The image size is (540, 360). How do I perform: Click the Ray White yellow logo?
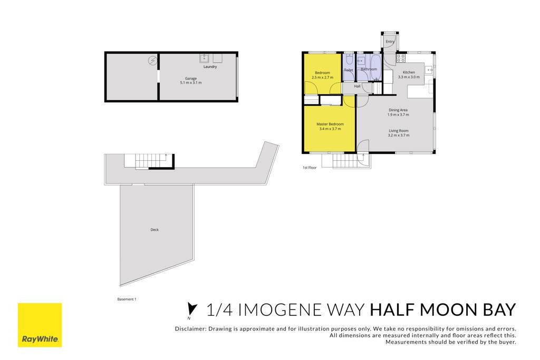pyautogui.click(x=40, y=325)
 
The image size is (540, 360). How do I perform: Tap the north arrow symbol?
pyautogui.click(x=191, y=309)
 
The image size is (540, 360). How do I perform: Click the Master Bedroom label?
pyautogui.click(x=330, y=124)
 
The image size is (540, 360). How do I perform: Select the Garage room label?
pyautogui.click(x=191, y=79)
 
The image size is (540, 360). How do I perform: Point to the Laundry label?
pyautogui.click(x=210, y=67)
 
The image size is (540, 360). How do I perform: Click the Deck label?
pyautogui.click(x=155, y=230)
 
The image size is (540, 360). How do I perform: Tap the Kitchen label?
pyautogui.click(x=409, y=72)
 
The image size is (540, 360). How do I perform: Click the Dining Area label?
pyautogui.click(x=398, y=110)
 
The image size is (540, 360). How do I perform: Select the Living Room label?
pyautogui.click(x=399, y=131)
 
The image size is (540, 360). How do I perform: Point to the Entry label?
pyautogui.click(x=390, y=42)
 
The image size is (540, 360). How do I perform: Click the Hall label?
pyautogui.click(x=357, y=86)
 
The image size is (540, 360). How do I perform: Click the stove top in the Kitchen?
pyautogui.click(x=401, y=58)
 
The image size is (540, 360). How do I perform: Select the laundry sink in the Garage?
pyautogui.click(x=204, y=58)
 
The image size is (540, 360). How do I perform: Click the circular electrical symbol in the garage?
pyautogui.click(x=152, y=61)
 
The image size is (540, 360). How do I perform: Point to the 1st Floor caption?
pyautogui.click(x=309, y=168)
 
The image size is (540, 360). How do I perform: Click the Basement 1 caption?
pyautogui.click(x=127, y=299)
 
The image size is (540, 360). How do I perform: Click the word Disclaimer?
pyautogui.click(x=190, y=329)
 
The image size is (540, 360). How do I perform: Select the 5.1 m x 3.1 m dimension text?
pyautogui.click(x=191, y=83)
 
